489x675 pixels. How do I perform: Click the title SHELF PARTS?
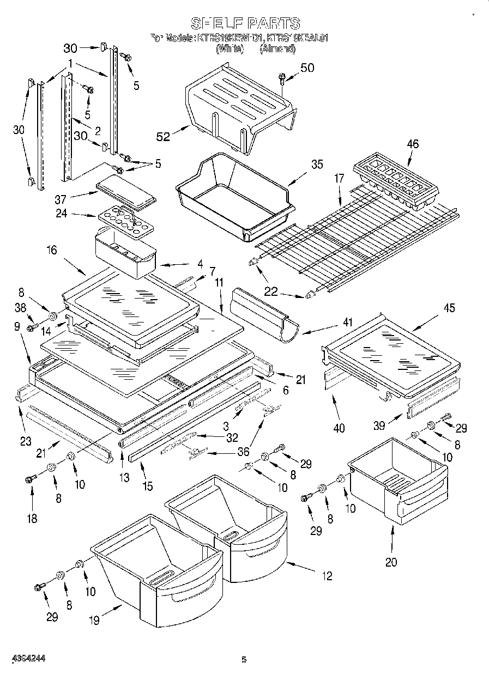click(245, 23)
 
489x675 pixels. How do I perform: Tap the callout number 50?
click(307, 68)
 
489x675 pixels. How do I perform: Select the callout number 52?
click(163, 137)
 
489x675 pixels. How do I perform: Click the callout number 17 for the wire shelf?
click(340, 178)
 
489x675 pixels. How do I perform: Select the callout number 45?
click(449, 309)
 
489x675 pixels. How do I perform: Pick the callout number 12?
click(327, 576)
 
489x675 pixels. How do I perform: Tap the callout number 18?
click(32, 518)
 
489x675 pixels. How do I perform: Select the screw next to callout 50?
click(283, 78)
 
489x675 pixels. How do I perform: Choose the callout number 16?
click(52, 251)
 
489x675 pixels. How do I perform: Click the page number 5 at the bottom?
click(244, 660)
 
